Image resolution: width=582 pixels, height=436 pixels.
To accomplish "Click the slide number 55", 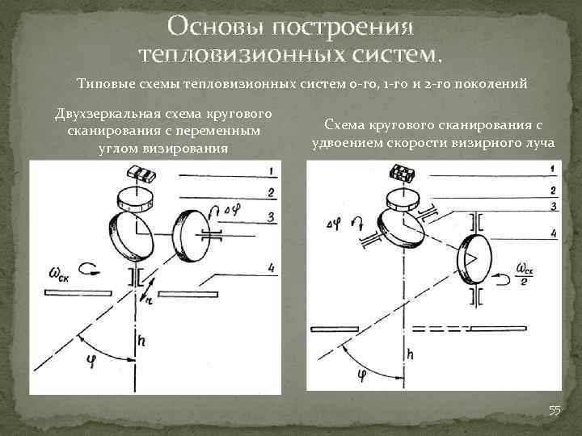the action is (555, 411).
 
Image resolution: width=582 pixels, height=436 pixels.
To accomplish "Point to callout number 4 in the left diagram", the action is (273, 268).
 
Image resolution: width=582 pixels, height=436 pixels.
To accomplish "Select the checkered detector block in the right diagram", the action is (401, 172).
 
